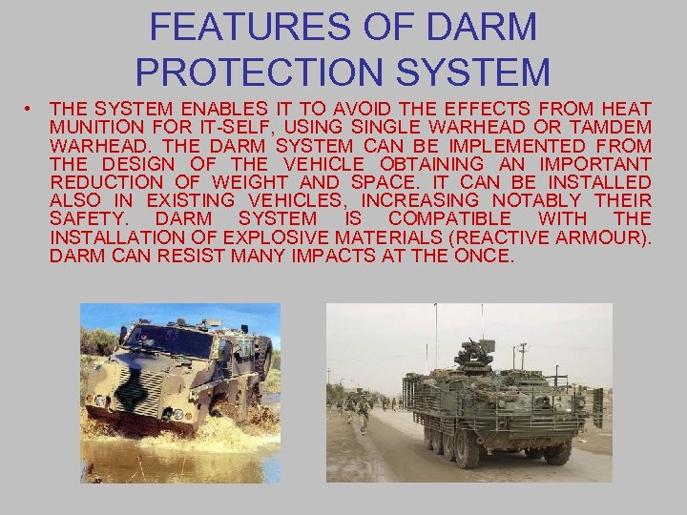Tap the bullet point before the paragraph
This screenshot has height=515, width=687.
tap(31, 110)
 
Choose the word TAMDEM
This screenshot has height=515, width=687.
tap(608, 128)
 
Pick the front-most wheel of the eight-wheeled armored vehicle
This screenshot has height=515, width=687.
tap(557, 449)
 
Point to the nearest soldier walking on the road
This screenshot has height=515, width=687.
tap(362, 413)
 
